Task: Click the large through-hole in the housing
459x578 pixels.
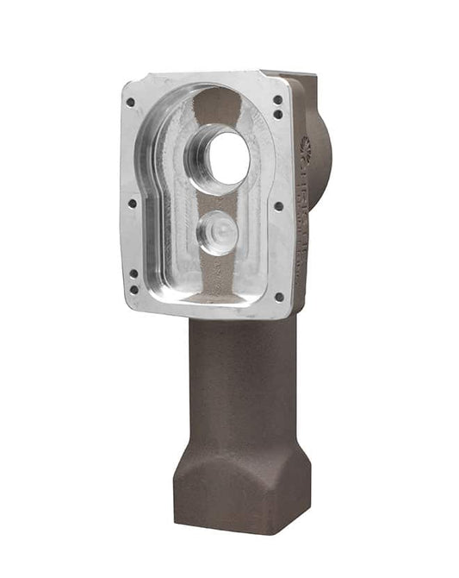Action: (226, 159)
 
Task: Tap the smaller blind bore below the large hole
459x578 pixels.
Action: (217, 231)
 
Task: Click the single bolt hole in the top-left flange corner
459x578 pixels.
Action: (130, 102)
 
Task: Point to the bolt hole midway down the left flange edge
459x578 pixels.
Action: (132, 204)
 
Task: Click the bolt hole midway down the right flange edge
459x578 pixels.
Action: (277, 206)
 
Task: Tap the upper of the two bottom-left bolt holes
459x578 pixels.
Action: (133, 273)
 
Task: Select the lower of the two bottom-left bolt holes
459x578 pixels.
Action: (133, 287)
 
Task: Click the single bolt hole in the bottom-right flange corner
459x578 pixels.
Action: (278, 297)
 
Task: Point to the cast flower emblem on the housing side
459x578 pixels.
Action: (304, 147)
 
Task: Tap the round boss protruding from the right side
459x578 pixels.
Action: (322, 155)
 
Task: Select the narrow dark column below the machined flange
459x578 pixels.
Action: (241, 380)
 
